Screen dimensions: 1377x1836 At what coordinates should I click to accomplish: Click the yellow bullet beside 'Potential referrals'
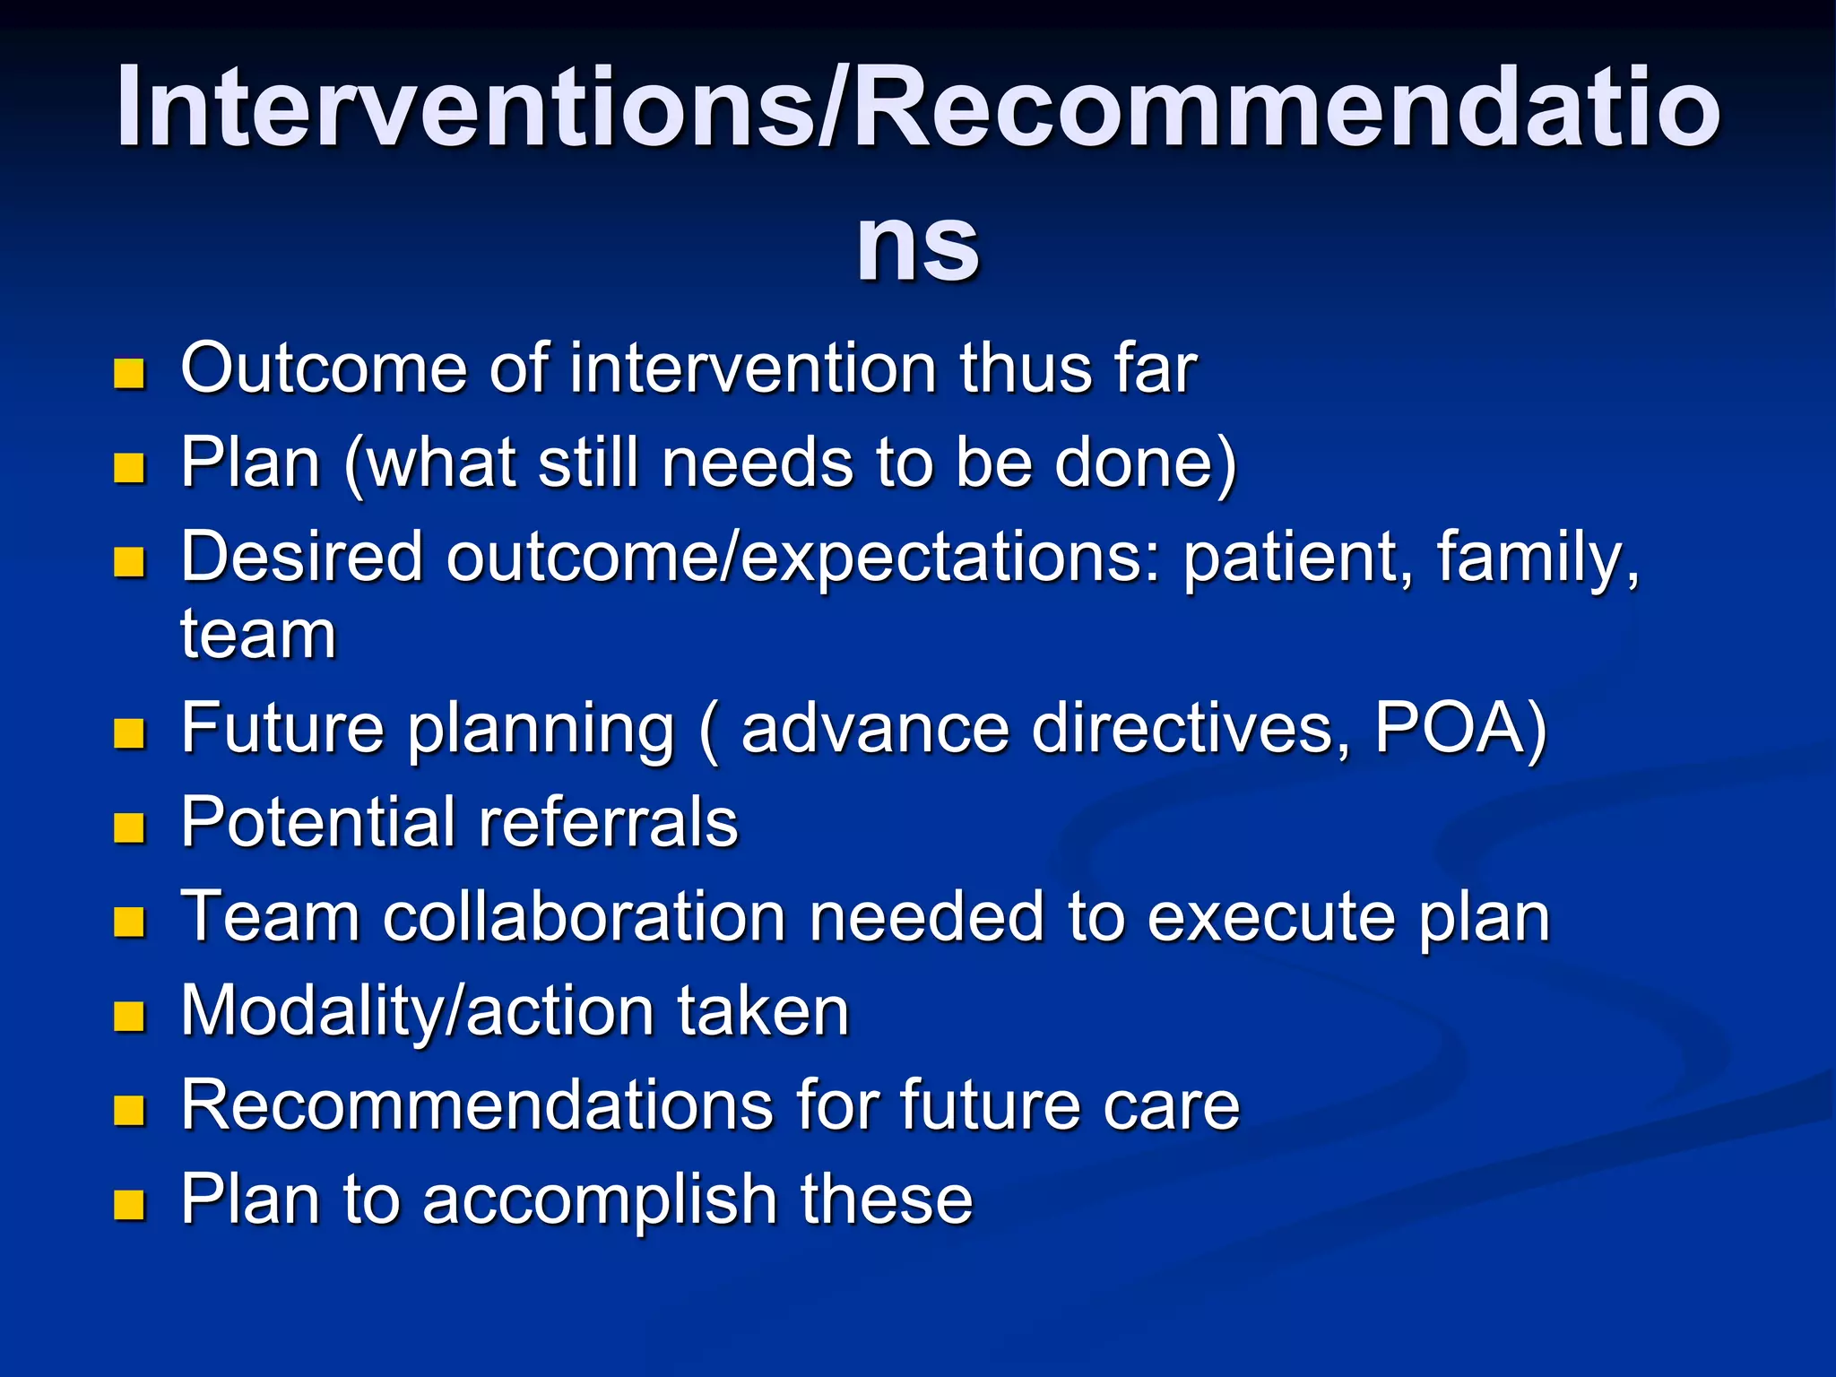click(x=129, y=828)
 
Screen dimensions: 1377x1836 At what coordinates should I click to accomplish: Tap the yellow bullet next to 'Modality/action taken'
click(x=129, y=1017)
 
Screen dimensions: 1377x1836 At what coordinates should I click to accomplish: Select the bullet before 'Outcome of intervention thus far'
click(x=129, y=374)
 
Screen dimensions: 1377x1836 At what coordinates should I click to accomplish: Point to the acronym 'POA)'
click(x=1460, y=729)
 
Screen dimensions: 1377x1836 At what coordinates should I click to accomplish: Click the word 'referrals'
click(x=608, y=823)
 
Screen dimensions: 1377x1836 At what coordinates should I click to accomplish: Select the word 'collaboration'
click(x=585, y=918)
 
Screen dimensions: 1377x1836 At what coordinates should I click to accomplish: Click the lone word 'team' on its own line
click(x=258, y=635)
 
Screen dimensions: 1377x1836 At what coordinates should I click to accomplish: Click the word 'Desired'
click(x=301, y=558)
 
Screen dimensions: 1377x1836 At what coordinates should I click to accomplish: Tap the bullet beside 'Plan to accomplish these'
click(x=129, y=1206)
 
